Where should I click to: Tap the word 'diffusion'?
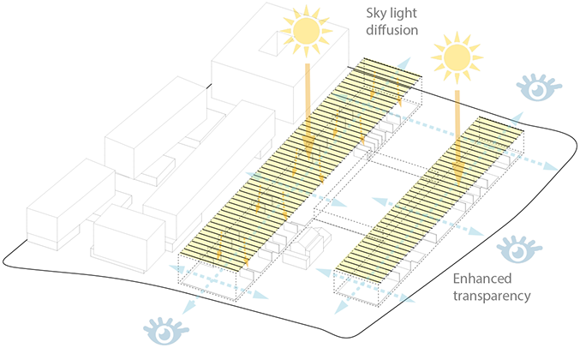[x=392, y=30]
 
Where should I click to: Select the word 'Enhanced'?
[x=482, y=279]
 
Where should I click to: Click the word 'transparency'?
[x=492, y=296]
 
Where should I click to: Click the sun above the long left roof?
[x=307, y=31]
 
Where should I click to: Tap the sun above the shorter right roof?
[x=457, y=57]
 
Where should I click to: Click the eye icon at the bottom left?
[x=166, y=331]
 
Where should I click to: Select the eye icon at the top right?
[x=539, y=87]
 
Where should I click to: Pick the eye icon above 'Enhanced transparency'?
[x=519, y=249]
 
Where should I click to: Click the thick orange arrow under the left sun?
[x=308, y=111]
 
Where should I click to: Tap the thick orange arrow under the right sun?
[x=458, y=137]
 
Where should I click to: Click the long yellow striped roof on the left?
[x=301, y=165]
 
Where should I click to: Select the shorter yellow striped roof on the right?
[x=430, y=200]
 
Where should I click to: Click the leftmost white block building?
[x=71, y=204]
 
